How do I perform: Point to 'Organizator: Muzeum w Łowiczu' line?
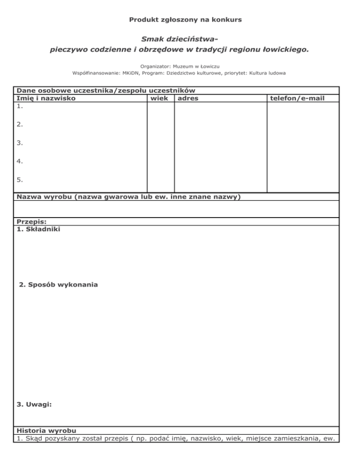tap(180, 67)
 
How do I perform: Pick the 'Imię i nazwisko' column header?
tap(46, 98)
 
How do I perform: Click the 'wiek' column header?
tap(159, 98)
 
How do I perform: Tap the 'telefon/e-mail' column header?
tap(297, 98)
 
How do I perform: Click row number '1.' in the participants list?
tap(20, 106)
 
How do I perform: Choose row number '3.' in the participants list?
tap(20, 143)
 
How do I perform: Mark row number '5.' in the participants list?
tap(20, 179)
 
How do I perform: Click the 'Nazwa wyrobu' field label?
tap(45, 197)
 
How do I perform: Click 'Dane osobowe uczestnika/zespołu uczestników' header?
tap(106, 90)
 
